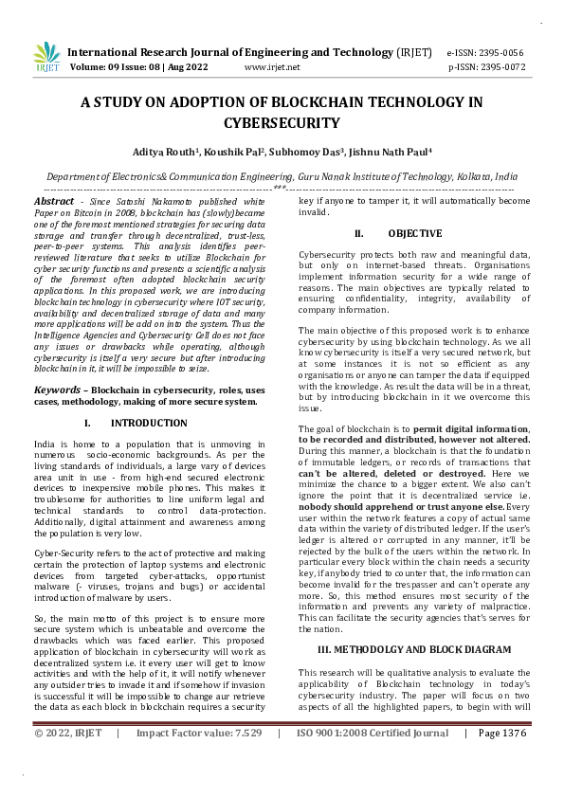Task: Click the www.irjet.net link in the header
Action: click(272, 67)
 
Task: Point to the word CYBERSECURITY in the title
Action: click(282, 122)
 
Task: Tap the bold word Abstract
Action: click(53, 202)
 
